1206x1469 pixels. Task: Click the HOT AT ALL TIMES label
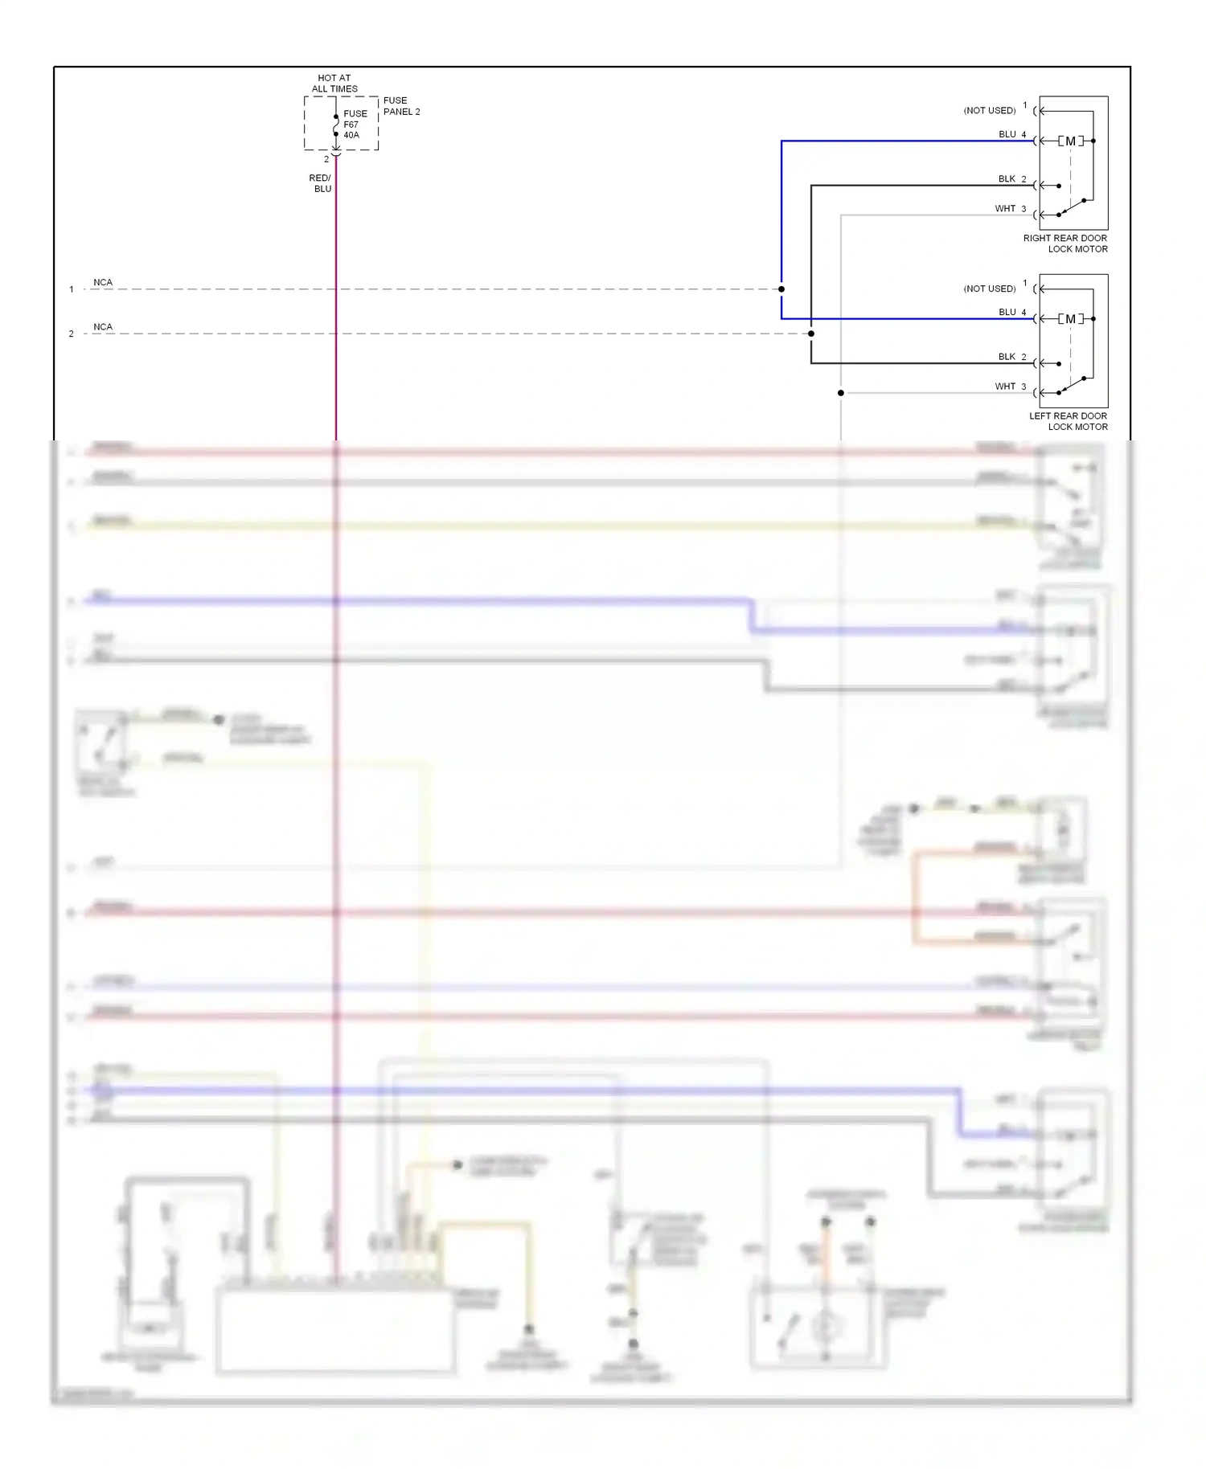(x=334, y=84)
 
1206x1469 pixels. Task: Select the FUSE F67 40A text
(x=355, y=125)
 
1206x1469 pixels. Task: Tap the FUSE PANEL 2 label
(x=401, y=106)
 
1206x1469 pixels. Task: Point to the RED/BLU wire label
(x=321, y=183)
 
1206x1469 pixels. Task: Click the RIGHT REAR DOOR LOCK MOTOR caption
(x=1065, y=243)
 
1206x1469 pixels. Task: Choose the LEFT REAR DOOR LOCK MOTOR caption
(x=1068, y=421)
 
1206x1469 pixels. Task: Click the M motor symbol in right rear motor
(x=1070, y=141)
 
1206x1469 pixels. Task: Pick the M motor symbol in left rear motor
(x=1070, y=319)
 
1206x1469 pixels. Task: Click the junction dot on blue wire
(x=781, y=289)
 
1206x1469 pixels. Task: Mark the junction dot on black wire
(x=811, y=333)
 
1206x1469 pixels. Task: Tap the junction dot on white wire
(x=841, y=393)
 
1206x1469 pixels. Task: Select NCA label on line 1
(x=103, y=283)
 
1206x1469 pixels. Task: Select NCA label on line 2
(x=103, y=327)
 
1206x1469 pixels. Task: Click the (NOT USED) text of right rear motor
(x=990, y=111)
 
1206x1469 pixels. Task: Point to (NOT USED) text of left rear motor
(x=990, y=288)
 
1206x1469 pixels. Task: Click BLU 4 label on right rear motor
(x=1012, y=134)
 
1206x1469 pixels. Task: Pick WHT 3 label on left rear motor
(x=1011, y=387)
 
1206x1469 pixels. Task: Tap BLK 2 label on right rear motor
(x=1012, y=179)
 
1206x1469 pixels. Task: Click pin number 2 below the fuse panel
(x=326, y=159)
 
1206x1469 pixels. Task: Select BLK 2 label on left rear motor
(x=1012, y=357)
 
